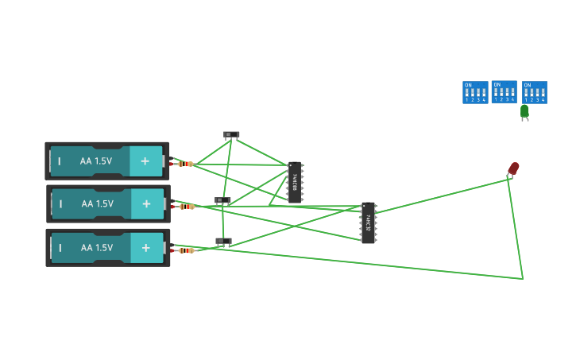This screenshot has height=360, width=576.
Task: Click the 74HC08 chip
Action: point(295,183)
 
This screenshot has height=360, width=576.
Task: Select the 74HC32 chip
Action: point(368,223)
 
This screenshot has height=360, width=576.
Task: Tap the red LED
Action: point(513,168)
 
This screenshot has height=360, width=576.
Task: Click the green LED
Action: point(524,111)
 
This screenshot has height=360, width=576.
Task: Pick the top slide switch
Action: point(231,135)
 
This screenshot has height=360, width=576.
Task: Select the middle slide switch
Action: point(222,201)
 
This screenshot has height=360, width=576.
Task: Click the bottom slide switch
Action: point(223,241)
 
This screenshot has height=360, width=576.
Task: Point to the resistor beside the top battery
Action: point(185,164)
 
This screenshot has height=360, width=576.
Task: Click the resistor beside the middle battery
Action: point(187,207)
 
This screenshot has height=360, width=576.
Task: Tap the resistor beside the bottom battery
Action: point(186,250)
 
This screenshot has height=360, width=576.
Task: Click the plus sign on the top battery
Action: point(145,161)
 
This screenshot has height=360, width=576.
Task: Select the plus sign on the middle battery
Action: point(146,204)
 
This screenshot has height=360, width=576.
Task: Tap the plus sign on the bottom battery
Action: point(146,248)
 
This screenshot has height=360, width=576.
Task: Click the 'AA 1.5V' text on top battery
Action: point(96,161)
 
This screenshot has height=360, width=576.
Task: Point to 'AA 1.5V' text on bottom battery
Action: point(97,248)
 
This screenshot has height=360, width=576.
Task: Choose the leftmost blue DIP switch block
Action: point(475,92)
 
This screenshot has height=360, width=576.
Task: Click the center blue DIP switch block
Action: point(504,91)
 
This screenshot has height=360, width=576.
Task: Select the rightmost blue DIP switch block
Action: point(534,92)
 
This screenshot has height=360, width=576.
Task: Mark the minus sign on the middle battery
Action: point(60,204)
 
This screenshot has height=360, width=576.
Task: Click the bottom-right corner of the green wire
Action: point(523,279)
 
